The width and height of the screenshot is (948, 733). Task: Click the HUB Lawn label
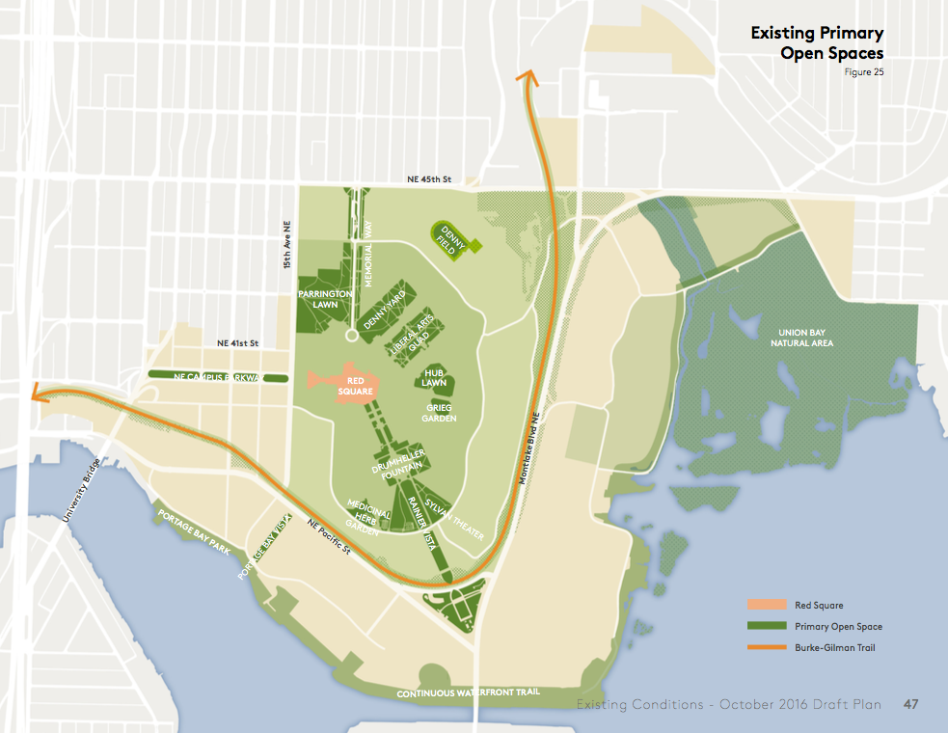pyautogui.click(x=434, y=377)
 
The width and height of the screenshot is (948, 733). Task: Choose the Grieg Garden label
pyautogui.click(x=441, y=413)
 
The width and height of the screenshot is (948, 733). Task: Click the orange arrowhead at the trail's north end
pyautogui.click(x=526, y=77)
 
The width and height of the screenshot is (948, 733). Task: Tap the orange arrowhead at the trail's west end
pyautogui.click(x=40, y=392)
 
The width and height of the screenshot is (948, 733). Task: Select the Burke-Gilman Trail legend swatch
pyautogui.click(x=768, y=647)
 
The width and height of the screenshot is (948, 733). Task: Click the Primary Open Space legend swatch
pyautogui.click(x=768, y=626)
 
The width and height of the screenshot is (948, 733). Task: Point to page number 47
pyautogui.click(x=910, y=704)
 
